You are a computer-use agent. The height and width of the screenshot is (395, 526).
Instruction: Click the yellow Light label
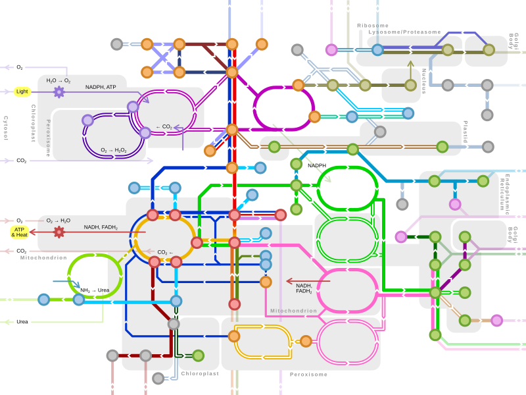click(x=22, y=92)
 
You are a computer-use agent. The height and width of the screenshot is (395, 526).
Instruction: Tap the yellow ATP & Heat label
click(x=20, y=232)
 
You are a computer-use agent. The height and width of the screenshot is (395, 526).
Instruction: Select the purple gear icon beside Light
click(x=59, y=92)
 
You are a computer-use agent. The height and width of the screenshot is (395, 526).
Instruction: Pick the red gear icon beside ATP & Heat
click(x=59, y=232)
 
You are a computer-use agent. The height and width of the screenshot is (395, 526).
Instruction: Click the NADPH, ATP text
click(x=101, y=87)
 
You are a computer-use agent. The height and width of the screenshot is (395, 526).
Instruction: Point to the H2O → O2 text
click(x=59, y=80)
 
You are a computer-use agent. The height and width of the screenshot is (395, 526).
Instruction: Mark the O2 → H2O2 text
click(x=114, y=150)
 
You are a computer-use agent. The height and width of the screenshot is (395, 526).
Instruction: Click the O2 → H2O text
click(x=59, y=221)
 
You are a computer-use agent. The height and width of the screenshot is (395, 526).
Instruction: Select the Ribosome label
click(x=372, y=26)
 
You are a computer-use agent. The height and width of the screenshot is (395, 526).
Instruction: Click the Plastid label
click(x=466, y=132)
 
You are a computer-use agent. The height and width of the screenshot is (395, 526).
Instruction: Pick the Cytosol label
click(x=6, y=128)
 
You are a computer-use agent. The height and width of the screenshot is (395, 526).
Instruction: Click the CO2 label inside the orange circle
click(x=165, y=252)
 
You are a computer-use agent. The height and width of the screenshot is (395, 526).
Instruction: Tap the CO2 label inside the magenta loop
click(x=164, y=126)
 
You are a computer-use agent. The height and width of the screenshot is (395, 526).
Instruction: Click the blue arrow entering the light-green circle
click(x=66, y=282)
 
